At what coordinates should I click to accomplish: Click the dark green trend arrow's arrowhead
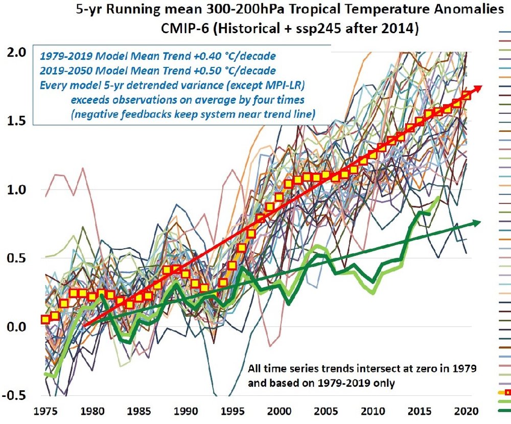point(477,222)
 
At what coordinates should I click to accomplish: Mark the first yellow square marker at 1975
point(45,319)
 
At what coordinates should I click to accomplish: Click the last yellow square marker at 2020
point(466,96)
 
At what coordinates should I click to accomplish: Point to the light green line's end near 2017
point(438,197)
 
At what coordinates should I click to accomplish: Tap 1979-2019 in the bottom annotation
point(332,382)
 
